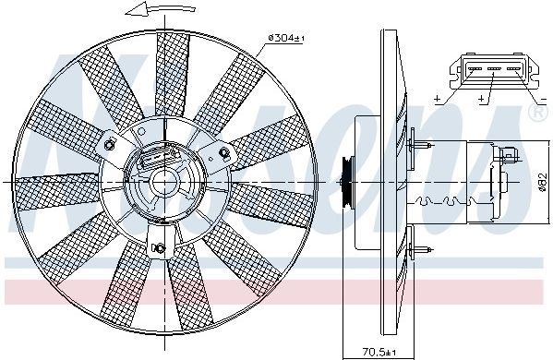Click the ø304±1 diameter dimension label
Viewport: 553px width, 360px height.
286,38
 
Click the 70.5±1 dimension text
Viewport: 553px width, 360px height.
379,352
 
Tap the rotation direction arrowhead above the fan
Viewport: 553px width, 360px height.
135,9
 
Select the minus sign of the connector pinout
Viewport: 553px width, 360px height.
543,100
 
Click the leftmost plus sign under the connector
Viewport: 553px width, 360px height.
438,100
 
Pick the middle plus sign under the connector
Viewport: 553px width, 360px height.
482,100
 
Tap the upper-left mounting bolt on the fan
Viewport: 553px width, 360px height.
110,144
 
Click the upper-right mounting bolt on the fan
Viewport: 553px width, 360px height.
223,152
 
